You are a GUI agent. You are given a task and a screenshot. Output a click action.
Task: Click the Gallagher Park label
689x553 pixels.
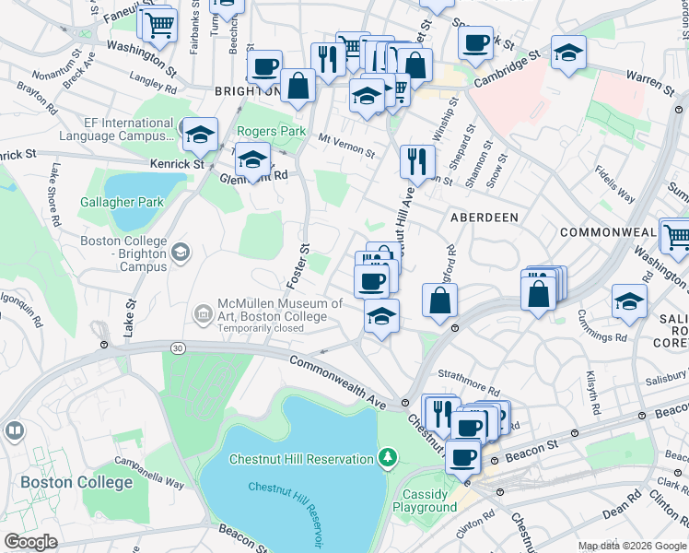tap(122, 202)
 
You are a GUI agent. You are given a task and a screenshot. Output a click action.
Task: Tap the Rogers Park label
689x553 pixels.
tap(272, 132)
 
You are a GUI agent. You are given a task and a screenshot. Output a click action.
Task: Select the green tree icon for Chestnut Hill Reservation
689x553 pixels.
tap(389, 458)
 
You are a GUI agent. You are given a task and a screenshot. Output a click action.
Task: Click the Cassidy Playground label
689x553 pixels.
tap(425, 500)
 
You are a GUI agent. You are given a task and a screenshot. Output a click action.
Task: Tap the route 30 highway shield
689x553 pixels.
tap(177, 347)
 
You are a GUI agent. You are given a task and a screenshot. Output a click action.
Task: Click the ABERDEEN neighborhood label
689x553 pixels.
tap(484, 218)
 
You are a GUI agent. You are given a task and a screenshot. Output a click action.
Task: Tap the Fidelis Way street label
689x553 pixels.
tap(613, 183)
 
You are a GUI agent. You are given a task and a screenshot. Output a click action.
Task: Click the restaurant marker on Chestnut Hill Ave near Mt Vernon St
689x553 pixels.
tap(417, 161)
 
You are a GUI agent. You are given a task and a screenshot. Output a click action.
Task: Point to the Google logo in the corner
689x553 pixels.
tap(31, 542)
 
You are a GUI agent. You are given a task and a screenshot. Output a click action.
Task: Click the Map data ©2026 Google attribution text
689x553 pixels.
tap(632, 546)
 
